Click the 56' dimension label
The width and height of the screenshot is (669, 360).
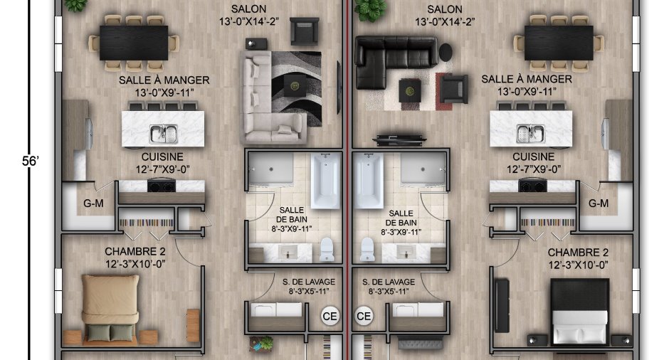[x=31, y=161]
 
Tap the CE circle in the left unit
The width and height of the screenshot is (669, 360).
[x=330, y=316]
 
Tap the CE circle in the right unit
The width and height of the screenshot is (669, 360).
[x=364, y=316]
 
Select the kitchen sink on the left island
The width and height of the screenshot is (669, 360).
[x=164, y=134]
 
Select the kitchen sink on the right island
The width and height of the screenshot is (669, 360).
[x=531, y=134]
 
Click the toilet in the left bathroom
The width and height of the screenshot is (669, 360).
[x=327, y=249]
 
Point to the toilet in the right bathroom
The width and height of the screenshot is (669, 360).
[x=367, y=249]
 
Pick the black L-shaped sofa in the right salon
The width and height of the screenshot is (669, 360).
[x=391, y=60]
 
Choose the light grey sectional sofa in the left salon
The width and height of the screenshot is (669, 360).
[x=265, y=107]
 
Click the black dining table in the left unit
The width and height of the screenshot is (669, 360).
[x=134, y=43]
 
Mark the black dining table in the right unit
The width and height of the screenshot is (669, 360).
[x=559, y=43]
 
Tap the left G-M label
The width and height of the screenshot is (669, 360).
[x=93, y=203]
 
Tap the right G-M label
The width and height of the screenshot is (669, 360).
[x=598, y=203]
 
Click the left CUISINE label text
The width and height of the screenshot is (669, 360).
[x=162, y=157]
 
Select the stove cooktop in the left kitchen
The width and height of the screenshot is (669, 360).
[x=162, y=186]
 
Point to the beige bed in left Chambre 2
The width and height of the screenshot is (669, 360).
[x=110, y=308]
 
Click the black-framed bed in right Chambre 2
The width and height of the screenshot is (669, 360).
[x=580, y=312]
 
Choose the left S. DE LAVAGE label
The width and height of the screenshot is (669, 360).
[x=309, y=282]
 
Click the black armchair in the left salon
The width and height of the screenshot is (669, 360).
[x=304, y=31]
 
